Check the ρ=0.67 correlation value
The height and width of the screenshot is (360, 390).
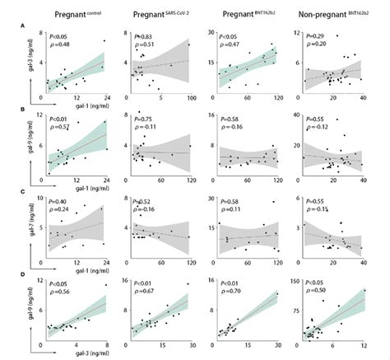click(x=145, y=292)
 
